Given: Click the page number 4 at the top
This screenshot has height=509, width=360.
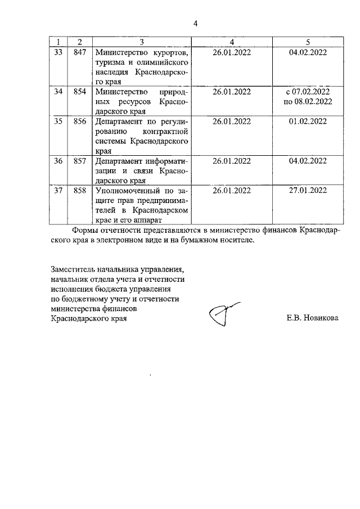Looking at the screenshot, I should coord(196,23).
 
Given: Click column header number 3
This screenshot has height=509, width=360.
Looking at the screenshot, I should coord(142,42).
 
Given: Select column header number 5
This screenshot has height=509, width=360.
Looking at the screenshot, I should coord(307,42).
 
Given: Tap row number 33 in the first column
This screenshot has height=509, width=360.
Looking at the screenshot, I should coord(58,52).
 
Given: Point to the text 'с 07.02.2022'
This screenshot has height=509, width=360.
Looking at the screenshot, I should coord(308,91).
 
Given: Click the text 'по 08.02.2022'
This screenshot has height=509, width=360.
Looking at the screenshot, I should coord(308,101).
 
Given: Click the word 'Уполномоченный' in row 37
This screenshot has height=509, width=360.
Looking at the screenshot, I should coord(124,190).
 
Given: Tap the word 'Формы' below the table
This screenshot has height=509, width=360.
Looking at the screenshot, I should coord(85,231).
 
